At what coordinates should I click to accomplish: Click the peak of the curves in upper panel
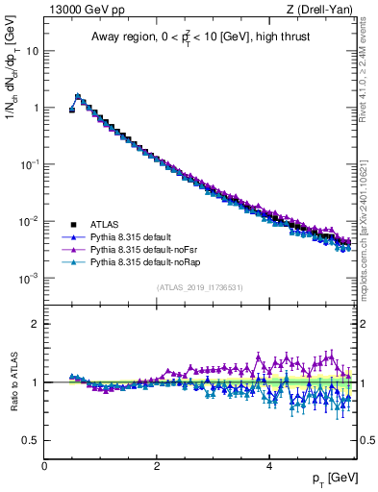[78, 96]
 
